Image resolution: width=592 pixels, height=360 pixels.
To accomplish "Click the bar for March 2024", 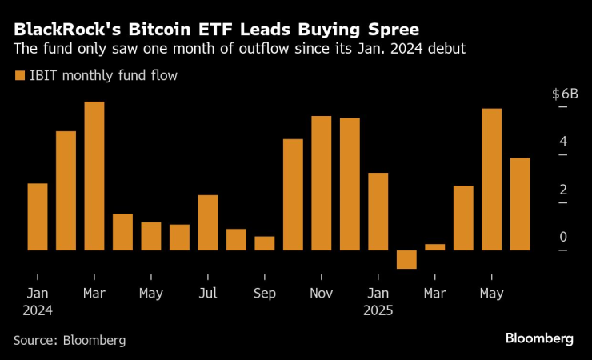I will coord(94,176).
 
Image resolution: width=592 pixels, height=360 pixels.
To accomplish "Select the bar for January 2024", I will coord(38,217).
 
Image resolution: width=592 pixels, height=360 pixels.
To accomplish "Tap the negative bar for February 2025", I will coord(406,259).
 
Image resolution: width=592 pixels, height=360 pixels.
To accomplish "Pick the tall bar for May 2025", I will coord(491,179).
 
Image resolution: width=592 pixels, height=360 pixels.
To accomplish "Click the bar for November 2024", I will coord(322,183).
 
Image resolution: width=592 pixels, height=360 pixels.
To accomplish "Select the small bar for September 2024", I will coord(265,243).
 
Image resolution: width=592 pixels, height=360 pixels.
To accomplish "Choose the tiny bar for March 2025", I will coord(434,246).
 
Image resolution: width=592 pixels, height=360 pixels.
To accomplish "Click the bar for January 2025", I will coord(378,211).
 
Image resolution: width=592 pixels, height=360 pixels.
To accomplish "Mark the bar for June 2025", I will coord(520,204).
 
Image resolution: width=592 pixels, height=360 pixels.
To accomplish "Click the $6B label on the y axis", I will coord(565,94).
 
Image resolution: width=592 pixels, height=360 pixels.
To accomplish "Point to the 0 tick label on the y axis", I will coord(563,238).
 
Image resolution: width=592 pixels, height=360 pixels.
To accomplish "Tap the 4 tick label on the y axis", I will coord(563,142).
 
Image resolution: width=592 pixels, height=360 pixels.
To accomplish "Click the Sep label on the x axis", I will coord(265,294).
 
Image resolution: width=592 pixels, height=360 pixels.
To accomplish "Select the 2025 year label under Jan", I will coord(378,310).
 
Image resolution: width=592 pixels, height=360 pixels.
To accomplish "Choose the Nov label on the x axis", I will coord(322,294).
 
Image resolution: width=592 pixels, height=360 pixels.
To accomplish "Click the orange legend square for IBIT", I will coord(19,76).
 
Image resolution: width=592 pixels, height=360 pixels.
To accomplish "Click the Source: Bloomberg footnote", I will coord(70,340).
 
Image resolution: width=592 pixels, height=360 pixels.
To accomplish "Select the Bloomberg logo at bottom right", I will coord(539,338).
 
